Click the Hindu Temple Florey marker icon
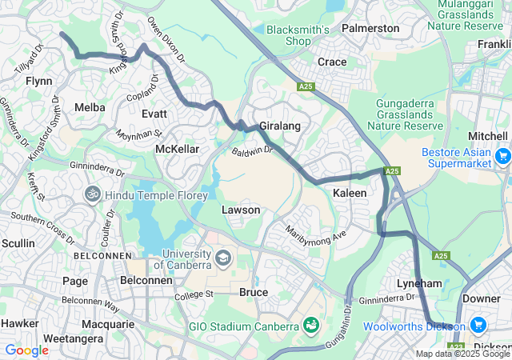(x=94, y=194)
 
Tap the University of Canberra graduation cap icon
(x=222, y=258)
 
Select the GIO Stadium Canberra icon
(x=310, y=326)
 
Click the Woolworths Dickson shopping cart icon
(x=478, y=326)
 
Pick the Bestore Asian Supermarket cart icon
(x=502, y=157)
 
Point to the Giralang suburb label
(x=279, y=126)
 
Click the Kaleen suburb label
(x=350, y=194)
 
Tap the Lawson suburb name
(x=240, y=210)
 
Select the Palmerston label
(x=370, y=28)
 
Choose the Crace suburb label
(x=332, y=62)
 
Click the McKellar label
(x=177, y=150)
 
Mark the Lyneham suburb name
(x=419, y=283)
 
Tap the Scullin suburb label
(x=18, y=242)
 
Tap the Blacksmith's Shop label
(x=298, y=35)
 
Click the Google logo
(x=26, y=350)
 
